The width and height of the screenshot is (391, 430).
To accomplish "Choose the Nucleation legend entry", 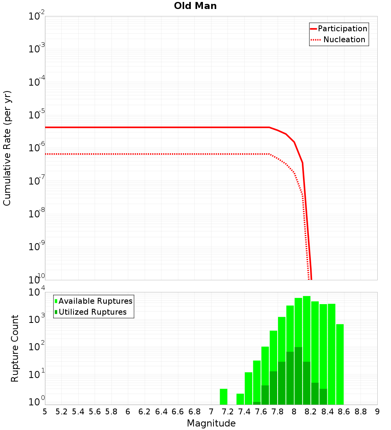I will click(x=344, y=39).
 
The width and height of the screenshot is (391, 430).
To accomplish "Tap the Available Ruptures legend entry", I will click(x=95, y=301).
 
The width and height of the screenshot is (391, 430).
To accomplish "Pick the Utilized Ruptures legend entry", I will click(x=92, y=312).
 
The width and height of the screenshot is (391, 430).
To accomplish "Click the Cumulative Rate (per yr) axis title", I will click(x=7, y=148).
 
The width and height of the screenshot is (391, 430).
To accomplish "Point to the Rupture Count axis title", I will click(x=15, y=348).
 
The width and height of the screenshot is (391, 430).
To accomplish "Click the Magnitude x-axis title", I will click(x=211, y=423).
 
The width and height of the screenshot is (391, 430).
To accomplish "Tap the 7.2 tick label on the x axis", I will click(x=228, y=412).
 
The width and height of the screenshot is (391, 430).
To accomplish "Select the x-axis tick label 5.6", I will click(x=95, y=412).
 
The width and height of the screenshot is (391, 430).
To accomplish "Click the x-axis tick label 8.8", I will click(x=361, y=412).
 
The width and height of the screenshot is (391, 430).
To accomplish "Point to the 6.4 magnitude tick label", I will click(x=161, y=412).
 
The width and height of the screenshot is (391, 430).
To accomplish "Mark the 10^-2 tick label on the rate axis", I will click(x=37, y=16).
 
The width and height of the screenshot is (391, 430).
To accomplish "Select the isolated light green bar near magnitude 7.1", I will click(x=223, y=396).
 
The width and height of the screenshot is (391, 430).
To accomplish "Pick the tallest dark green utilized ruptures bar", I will click(x=298, y=375).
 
